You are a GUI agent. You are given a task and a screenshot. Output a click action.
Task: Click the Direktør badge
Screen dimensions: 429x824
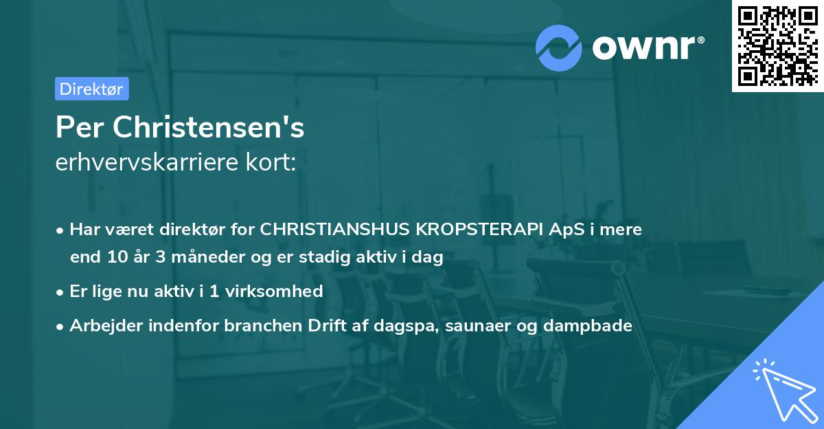tap(91, 89)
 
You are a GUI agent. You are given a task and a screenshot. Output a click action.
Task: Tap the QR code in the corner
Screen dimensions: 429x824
tap(777, 45)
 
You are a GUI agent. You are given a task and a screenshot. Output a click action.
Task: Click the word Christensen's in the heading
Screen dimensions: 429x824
tap(209, 127)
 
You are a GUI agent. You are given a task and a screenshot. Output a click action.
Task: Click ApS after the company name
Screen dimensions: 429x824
tap(548, 229)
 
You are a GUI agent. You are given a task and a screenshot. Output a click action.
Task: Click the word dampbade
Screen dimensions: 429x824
tap(588, 326)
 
